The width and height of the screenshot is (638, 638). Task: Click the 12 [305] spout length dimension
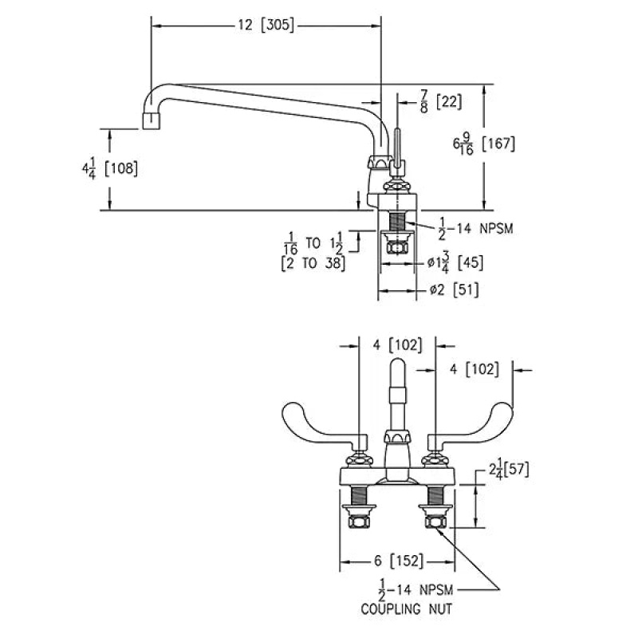(266, 26)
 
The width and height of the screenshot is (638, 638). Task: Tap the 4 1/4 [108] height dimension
(110, 168)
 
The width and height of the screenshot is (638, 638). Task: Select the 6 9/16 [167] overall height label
(484, 144)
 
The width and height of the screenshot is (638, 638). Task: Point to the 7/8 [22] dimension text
(442, 101)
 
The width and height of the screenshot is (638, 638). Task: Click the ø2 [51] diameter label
(454, 290)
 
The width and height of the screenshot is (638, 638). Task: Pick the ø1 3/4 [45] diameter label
(455, 262)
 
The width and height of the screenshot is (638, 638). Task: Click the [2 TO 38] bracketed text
(313, 264)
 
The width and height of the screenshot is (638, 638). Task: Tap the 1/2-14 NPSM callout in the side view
(475, 229)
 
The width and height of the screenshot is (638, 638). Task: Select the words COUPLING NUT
(407, 609)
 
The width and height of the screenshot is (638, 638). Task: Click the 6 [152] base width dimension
(399, 561)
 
